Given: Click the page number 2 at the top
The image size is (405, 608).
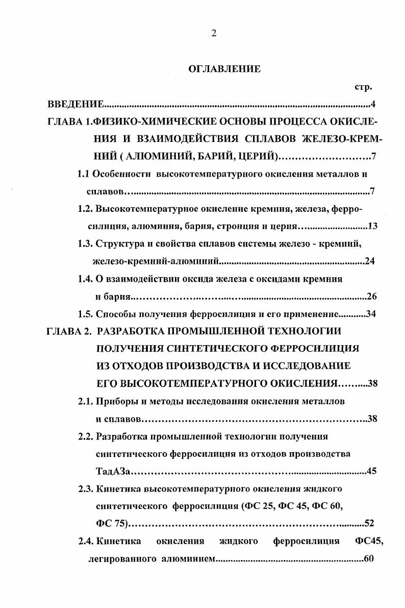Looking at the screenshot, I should [x=214, y=34].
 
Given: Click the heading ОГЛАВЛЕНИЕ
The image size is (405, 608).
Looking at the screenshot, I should [x=224, y=69].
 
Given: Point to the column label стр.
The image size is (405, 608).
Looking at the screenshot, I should [x=362, y=87].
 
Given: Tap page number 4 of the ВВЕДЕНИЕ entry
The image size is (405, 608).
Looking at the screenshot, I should [x=373, y=105].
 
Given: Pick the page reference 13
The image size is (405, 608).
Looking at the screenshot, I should [x=372, y=226].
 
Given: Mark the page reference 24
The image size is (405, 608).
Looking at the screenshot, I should [x=371, y=261].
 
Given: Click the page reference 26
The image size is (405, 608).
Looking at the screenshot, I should [x=371, y=296].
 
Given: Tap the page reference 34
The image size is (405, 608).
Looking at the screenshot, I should [x=371, y=313].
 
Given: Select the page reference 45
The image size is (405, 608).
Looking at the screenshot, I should [x=371, y=471].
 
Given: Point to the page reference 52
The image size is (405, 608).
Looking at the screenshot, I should [x=370, y=523].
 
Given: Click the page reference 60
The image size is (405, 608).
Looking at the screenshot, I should [x=370, y=558].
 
